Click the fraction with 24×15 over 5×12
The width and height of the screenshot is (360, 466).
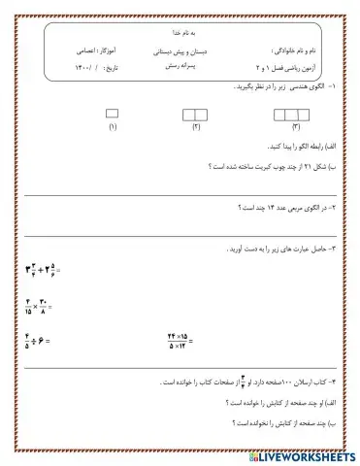click(x=179, y=340)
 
